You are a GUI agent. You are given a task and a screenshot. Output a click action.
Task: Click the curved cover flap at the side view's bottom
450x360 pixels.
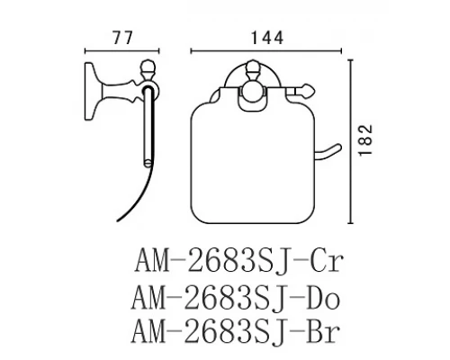(x=135, y=202)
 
